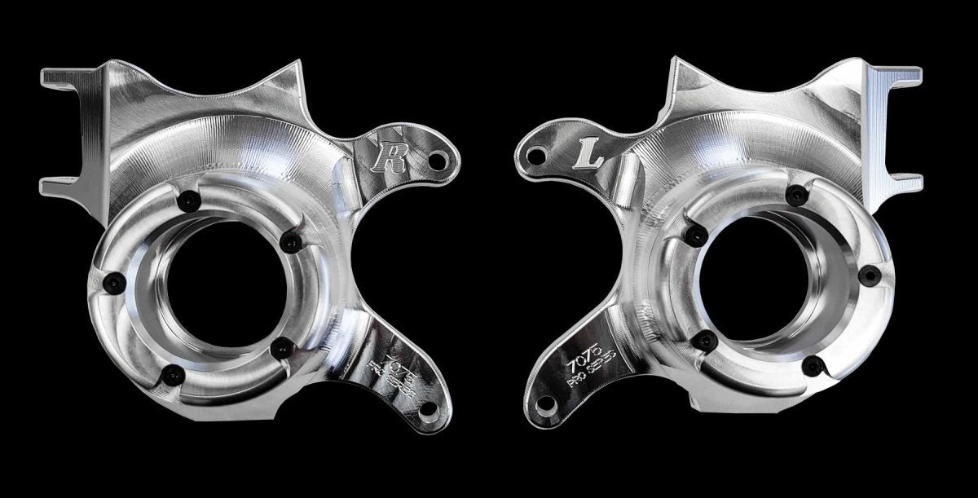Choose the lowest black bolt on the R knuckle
pyautogui.click(x=170, y=374)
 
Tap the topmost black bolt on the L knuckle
pyautogui.click(x=792, y=193)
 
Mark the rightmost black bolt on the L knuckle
pyautogui.click(x=869, y=275)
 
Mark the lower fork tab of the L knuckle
pyautogui.click(x=906, y=181)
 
